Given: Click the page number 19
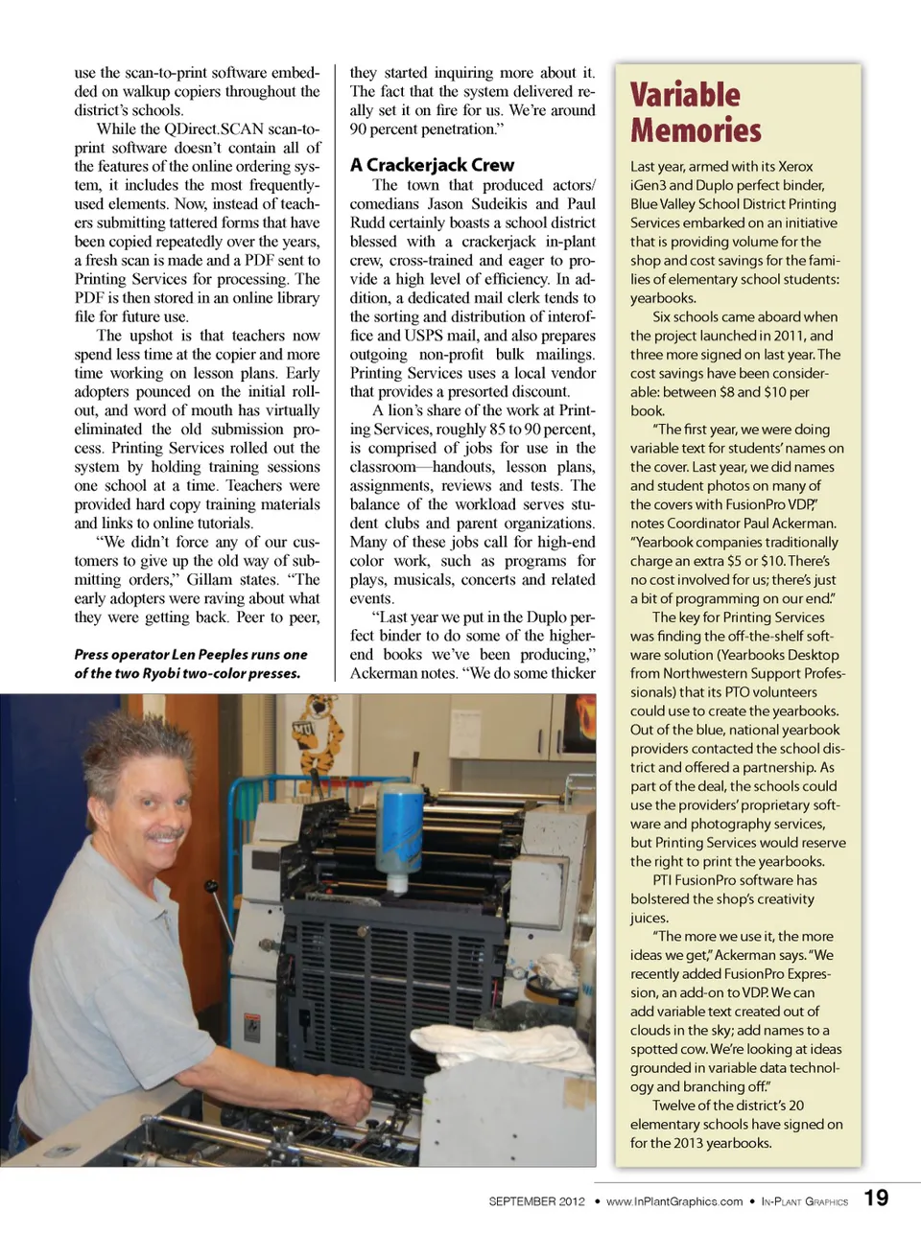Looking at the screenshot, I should point(876,1198).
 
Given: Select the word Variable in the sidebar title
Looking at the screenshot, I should point(685,95).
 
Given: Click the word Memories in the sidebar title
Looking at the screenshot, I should point(696,130).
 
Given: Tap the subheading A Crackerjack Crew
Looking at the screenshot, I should point(432,165).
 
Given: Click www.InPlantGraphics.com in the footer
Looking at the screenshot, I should point(673,1201).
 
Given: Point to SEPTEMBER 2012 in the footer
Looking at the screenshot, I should point(536,1201).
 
